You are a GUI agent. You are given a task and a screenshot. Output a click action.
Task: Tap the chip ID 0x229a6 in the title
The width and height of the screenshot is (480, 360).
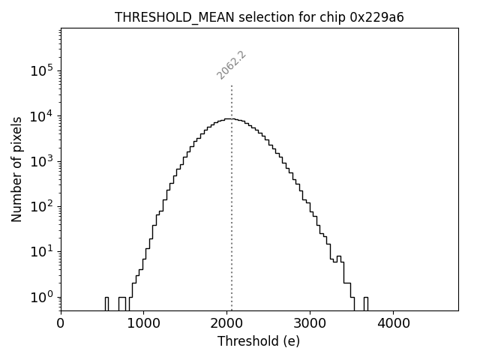point(377,17)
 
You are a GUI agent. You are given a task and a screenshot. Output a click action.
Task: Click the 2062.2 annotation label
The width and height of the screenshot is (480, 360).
point(232,64)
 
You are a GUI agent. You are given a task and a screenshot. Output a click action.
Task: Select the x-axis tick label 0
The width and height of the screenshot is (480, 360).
point(61,324)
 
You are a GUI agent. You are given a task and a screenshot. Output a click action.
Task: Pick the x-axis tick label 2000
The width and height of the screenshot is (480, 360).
point(226,324)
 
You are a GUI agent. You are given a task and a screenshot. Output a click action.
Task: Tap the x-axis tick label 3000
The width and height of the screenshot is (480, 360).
point(310,324)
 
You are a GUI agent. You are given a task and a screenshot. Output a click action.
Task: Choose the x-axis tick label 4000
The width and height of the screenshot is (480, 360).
point(393,324)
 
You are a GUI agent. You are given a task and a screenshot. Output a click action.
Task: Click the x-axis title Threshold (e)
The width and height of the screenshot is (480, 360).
point(259,341)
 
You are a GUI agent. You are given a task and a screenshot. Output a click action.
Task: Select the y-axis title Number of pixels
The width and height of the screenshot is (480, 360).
point(16,169)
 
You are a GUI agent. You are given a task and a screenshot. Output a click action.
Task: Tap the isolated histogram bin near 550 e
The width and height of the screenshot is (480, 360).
point(106,303)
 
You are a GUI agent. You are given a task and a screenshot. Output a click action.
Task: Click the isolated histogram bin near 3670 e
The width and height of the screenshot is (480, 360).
point(365,303)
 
